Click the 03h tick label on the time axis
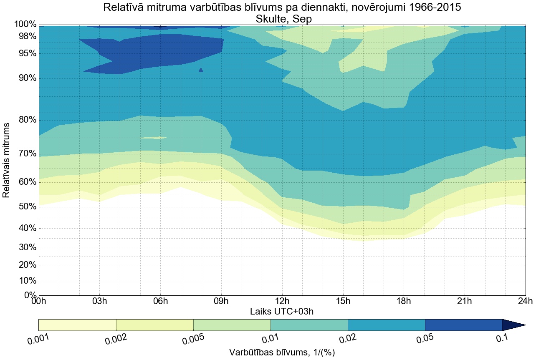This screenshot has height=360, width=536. point(100,301)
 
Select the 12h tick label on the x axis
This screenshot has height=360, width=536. point(282,301)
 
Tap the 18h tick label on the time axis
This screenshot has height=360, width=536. point(404,301)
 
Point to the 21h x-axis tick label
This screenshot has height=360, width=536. point(465,301)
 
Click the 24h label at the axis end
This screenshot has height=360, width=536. point(525,301)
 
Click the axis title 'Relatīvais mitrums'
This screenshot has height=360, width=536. point(6,160)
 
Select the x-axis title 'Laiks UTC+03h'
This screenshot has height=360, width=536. point(282,311)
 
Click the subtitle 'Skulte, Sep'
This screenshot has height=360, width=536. point(282,19)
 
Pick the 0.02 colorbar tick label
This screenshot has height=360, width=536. point(347,339)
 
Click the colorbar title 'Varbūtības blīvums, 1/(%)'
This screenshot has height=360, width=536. point(282,352)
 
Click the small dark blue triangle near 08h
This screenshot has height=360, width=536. point(201,70)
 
